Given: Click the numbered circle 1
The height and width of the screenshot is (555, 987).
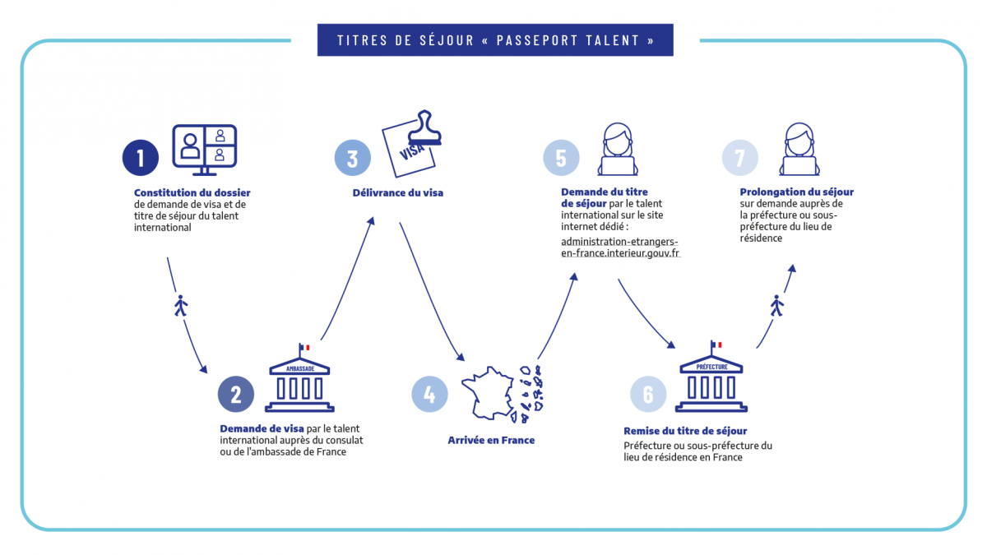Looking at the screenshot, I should [x=141, y=158].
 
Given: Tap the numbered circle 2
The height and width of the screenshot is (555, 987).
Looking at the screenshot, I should [x=235, y=395].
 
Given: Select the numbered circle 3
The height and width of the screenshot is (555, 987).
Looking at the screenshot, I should [x=352, y=158].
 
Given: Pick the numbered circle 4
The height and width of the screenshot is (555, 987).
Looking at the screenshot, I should [x=429, y=395].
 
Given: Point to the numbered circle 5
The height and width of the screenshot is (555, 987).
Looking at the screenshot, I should [x=561, y=158].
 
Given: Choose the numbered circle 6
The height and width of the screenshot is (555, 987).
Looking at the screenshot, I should [x=648, y=395].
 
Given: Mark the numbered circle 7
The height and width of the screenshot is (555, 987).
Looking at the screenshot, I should [x=739, y=158].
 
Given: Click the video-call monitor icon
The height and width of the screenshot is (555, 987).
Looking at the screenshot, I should [x=204, y=148].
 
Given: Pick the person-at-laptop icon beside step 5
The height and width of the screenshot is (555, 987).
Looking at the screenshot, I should [x=617, y=150].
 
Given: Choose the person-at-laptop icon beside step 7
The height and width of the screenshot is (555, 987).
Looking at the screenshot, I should [x=798, y=150].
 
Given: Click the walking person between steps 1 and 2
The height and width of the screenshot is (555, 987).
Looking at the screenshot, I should [x=181, y=306].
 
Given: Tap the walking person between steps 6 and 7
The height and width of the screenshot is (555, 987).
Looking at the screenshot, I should [x=777, y=306].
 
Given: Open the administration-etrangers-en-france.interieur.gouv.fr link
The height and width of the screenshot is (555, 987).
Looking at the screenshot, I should [x=620, y=247].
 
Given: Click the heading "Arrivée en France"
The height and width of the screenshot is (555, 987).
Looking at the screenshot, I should [x=491, y=441].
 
